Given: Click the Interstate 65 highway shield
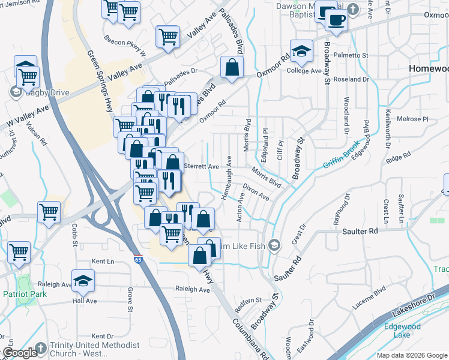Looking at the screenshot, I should pyautogui.click(x=139, y=262).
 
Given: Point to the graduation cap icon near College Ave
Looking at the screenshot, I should pyautogui.click(x=301, y=51).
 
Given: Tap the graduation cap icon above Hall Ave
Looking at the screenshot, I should pyautogui.click(x=83, y=280).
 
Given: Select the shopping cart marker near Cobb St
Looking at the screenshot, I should pyautogui.click(x=49, y=212).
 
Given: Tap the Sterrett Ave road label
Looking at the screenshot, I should pyautogui.click(x=200, y=166).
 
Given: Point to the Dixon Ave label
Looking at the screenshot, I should pyautogui.click(x=255, y=192).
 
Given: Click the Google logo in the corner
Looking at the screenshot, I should pyautogui.click(x=19, y=353).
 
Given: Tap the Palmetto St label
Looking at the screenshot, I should pyautogui.click(x=352, y=55).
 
